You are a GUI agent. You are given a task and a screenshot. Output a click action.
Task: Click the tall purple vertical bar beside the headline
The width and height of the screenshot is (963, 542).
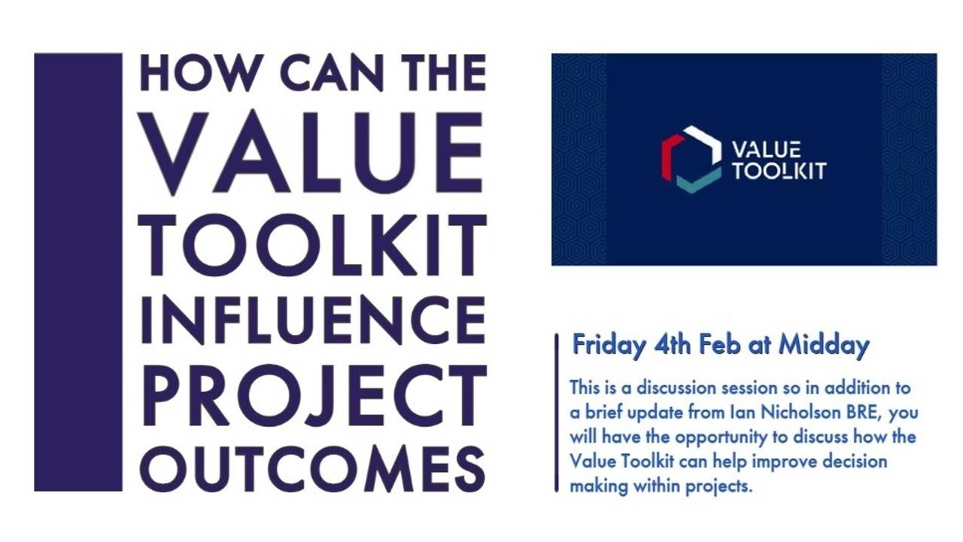pyautogui.click(x=78, y=272)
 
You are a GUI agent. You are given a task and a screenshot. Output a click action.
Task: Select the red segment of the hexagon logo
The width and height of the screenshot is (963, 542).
pyautogui.click(x=668, y=157)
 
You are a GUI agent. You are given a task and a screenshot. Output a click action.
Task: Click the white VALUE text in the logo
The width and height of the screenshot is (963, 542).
pyautogui.click(x=766, y=149)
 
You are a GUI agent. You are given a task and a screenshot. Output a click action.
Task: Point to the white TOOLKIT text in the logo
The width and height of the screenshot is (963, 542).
pyautogui.click(x=779, y=171)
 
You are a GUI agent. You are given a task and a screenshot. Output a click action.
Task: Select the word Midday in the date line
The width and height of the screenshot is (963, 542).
pyautogui.click(x=823, y=346)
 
